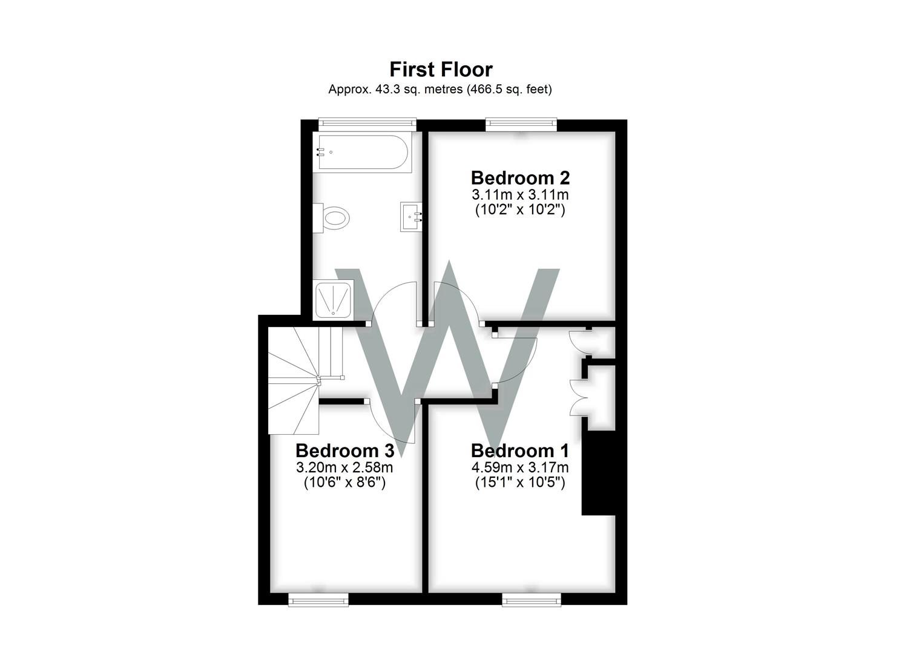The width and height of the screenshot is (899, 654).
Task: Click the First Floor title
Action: click(x=441, y=70)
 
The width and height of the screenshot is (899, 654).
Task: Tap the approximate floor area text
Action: click(x=440, y=90)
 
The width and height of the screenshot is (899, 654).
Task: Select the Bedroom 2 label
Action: click(x=520, y=178)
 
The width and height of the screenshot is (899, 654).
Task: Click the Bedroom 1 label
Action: click(x=519, y=451)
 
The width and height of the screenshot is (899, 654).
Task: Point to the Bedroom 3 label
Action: click(x=344, y=451)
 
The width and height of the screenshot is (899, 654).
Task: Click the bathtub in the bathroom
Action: click(x=361, y=152)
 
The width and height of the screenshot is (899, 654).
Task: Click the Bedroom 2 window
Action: click(x=521, y=125)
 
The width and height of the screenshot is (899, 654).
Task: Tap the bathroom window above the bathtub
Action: click(x=367, y=124)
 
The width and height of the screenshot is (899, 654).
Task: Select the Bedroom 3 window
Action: click(x=318, y=599)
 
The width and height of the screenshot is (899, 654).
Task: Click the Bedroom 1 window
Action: click(x=532, y=599)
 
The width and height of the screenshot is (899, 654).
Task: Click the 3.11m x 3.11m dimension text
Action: click(x=520, y=195)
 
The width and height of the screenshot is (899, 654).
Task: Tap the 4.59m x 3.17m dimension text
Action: click(x=519, y=467)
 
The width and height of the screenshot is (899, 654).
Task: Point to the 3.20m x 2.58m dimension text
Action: click(x=344, y=467)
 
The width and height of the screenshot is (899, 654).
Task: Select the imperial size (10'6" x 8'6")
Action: click(x=344, y=483)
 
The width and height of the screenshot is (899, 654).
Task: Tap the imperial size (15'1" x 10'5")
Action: click(x=519, y=483)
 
